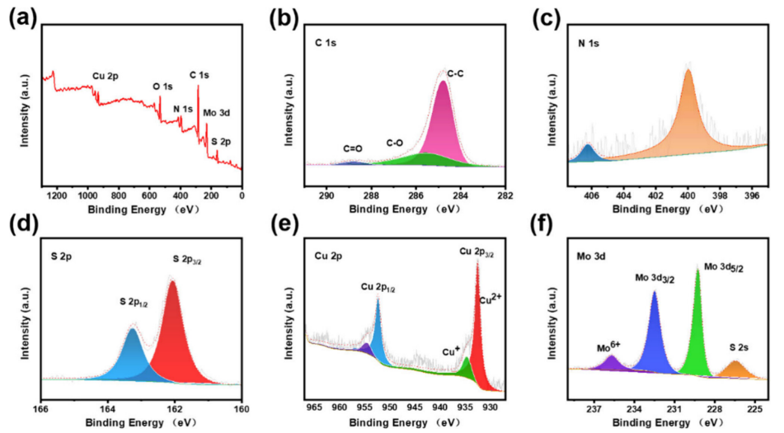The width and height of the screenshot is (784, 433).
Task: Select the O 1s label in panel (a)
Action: (x=163, y=87)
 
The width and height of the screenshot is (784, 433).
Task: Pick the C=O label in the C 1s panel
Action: (x=353, y=149)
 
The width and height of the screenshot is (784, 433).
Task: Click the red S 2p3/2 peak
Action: (x=174, y=338)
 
